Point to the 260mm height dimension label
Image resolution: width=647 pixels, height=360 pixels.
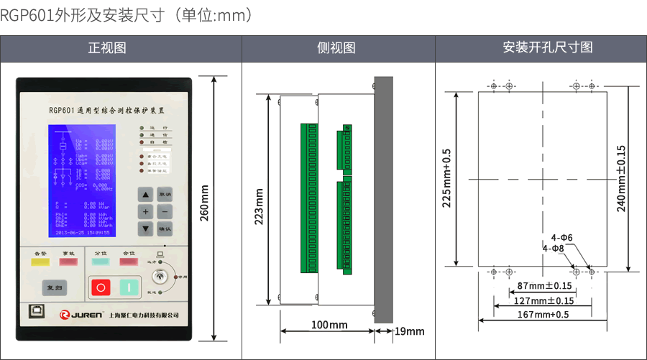pos(204,204)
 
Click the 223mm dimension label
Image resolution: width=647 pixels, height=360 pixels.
pos(260,206)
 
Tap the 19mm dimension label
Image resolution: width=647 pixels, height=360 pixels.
pos(410,331)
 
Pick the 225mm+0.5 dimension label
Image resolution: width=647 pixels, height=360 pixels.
pos(446,178)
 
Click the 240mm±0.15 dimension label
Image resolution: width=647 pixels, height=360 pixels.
pos(622,178)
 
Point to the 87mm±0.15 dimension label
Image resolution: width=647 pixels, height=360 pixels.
pos(546,286)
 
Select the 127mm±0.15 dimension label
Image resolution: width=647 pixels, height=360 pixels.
pos(546,300)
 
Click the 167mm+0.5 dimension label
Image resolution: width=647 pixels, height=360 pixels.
pos(543,315)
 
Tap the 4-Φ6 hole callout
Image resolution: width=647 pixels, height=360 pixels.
pos(561,237)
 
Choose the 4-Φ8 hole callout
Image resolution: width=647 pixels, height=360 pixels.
pos(554,248)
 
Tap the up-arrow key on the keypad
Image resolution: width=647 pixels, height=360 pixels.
pos(146,195)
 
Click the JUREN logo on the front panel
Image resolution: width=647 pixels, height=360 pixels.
pos(81,315)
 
